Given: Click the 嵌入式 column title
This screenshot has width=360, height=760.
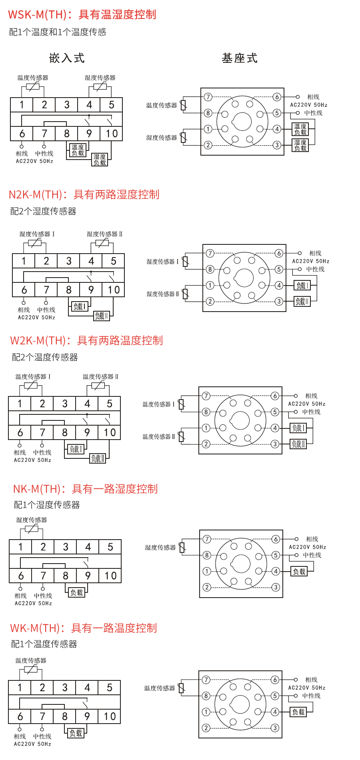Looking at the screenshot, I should pos(67,58).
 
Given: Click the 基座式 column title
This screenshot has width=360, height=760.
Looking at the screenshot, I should pos(240,58).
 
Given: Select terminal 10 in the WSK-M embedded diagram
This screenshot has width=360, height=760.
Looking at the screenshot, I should pos(112,134).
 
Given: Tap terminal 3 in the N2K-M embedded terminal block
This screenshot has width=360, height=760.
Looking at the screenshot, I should pos(69,261).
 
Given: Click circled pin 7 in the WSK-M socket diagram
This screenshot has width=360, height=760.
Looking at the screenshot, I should pos(208,97).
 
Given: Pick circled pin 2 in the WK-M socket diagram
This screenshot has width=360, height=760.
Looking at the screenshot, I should pos(206,728).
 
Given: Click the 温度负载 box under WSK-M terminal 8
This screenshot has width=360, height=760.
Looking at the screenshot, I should pos(78,150).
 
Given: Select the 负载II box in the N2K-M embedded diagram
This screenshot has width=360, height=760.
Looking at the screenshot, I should pos(101,316).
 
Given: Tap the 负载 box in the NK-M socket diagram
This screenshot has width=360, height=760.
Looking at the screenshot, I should pos(299,572).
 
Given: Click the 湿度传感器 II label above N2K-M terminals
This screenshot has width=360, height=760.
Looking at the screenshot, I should pos(104,234).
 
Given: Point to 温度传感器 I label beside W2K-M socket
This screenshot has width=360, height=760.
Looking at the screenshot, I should pos(158,404).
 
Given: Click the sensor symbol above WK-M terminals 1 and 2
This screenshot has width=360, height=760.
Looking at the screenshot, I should pos(31,670).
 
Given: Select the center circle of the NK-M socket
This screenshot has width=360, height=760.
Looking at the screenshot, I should pos(241,564).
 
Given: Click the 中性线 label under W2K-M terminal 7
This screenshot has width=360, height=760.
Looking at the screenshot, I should pos(42,452).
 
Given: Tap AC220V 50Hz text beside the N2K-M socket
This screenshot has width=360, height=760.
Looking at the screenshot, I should pos(311,261).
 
